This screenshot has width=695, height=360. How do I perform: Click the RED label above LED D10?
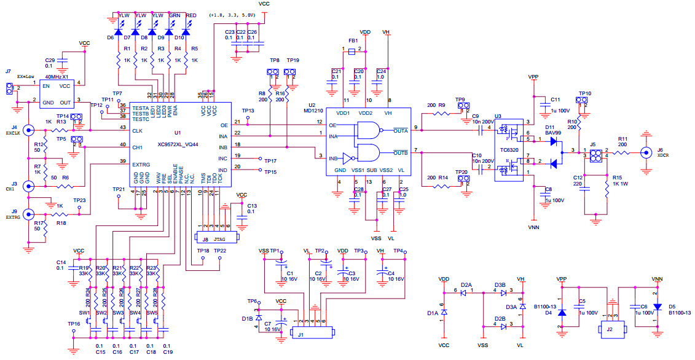(x=191, y=15)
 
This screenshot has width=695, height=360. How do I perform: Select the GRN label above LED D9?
(x=175, y=15)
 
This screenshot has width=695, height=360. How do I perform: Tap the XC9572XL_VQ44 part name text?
(x=178, y=144)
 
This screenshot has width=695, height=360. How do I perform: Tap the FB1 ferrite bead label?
(x=353, y=41)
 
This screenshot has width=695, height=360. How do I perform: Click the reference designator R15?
(x=617, y=178)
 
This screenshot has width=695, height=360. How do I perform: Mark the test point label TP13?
(x=248, y=111)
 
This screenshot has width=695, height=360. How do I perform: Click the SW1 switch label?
(x=84, y=313)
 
